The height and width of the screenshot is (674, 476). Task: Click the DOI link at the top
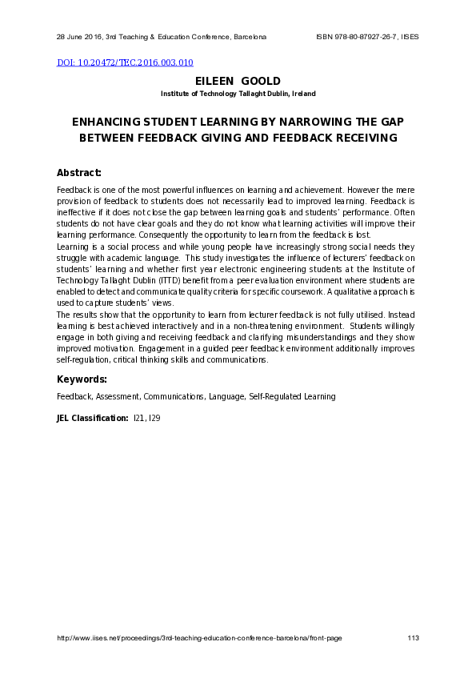(x=125, y=62)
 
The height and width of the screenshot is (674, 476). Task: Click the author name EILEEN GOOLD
(x=238, y=82)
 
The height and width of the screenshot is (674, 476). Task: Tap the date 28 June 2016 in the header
(x=78, y=37)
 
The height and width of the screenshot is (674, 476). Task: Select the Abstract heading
(x=79, y=173)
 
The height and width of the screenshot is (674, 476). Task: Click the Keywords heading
(x=82, y=379)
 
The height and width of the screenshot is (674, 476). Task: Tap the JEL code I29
(x=155, y=418)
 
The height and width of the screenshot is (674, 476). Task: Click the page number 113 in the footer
(x=414, y=638)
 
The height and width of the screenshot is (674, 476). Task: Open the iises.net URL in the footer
(x=199, y=638)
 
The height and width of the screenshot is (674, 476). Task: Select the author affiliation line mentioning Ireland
(x=238, y=94)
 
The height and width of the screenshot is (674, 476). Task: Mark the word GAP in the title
(x=390, y=122)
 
